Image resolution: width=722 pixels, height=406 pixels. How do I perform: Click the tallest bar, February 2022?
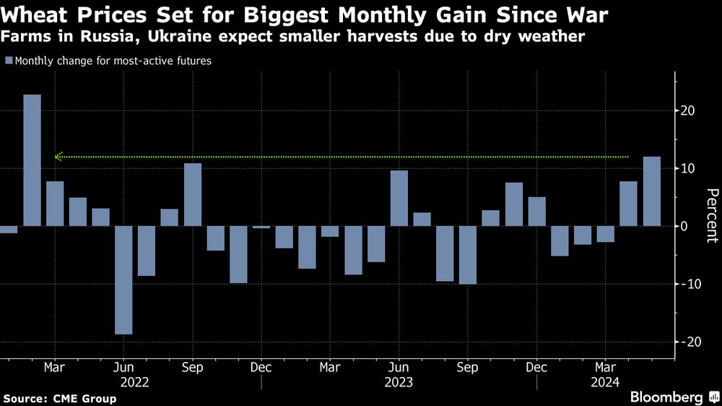point(32,160)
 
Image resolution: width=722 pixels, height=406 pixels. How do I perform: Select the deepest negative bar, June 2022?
point(123,280)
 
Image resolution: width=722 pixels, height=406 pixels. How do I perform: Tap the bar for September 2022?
point(193,194)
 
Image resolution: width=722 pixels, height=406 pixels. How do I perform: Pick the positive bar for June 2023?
point(399,198)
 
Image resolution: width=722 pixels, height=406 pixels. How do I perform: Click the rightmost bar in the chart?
point(651,191)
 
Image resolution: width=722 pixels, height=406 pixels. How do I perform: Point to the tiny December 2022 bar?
point(261,227)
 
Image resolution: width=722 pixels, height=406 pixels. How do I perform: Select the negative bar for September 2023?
point(468,254)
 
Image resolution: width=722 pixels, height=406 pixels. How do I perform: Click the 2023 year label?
point(399,382)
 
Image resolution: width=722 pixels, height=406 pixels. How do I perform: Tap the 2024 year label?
point(606,382)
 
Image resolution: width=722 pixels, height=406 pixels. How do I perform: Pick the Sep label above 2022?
point(193,367)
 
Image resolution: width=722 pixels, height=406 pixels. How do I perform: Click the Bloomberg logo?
point(667,397)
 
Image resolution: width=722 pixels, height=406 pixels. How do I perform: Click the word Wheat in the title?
point(33,14)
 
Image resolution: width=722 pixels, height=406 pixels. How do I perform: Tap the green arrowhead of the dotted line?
point(58,156)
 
